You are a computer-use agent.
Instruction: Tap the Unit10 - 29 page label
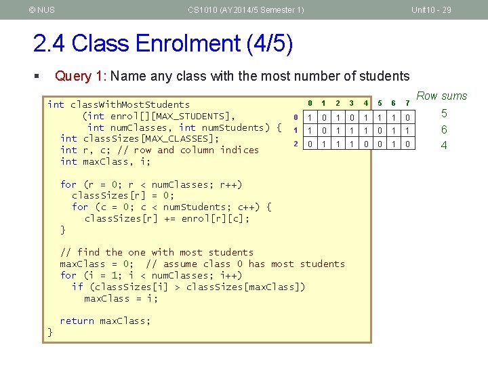pos(431,9)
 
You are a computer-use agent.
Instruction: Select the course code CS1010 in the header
pos(202,9)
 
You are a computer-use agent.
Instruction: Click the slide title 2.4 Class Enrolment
pos(163,44)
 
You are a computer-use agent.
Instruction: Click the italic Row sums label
pos(441,96)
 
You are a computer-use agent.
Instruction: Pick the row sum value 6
pos(444,129)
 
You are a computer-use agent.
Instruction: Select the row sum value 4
pos(444,144)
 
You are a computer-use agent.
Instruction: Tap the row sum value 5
pos(444,114)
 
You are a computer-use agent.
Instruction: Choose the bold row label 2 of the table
pos(296,143)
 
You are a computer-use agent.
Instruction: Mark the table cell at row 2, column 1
pos(323,144)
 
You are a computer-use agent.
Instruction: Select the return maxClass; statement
pos(105,321)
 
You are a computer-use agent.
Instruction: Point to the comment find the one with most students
pos(157,252)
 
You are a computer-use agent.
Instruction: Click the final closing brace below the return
pos(49,332)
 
